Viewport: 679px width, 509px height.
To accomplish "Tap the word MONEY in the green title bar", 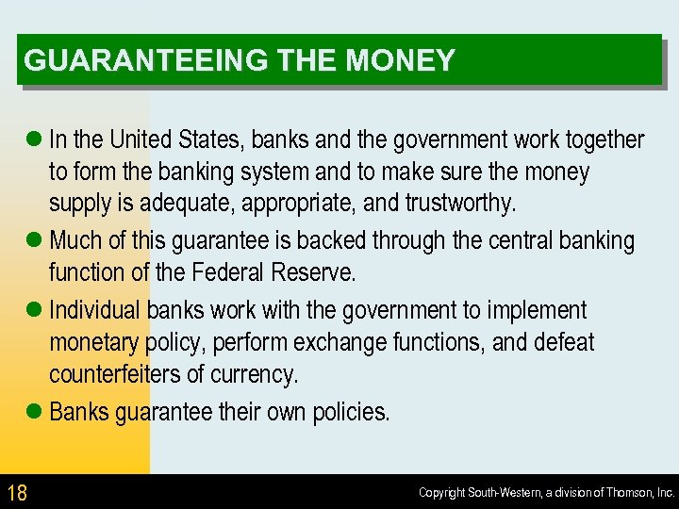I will click(x=401, y=61).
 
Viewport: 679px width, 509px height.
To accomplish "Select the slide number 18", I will click(x=17, y=492).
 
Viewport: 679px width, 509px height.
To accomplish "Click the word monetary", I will click(x=92, y=342).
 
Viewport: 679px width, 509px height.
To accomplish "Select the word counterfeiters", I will click(x=115, y=374).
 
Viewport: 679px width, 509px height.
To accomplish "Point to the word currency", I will click(x=254, y=374).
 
